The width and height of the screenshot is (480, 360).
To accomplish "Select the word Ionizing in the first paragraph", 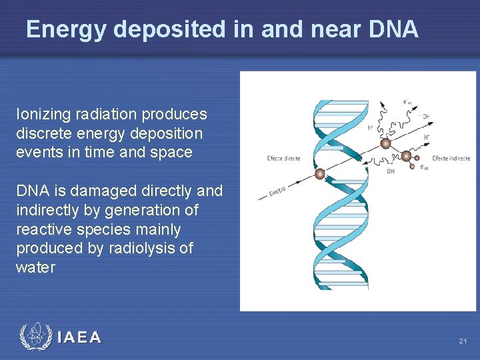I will pyautogui.click(x=41, y=114).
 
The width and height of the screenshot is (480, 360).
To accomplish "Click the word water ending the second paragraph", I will pyautogui.click(x=35, y=268).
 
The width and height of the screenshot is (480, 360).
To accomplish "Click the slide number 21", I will pyautogui.click(x=463, y=341).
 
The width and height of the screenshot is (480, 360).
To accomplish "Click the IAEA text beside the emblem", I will pyautogui.click(x=79, y=337).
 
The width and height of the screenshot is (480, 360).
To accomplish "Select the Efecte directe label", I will pyautogui.click(x=283, y=159).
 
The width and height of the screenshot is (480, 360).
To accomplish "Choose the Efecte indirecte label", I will pyautogui.click(x=451, y=159).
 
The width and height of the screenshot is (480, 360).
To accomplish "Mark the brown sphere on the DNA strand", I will pyautogui.click(x=321, y=174).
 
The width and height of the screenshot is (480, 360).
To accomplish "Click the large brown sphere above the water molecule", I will pyautogui.click(x=385, y=143).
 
